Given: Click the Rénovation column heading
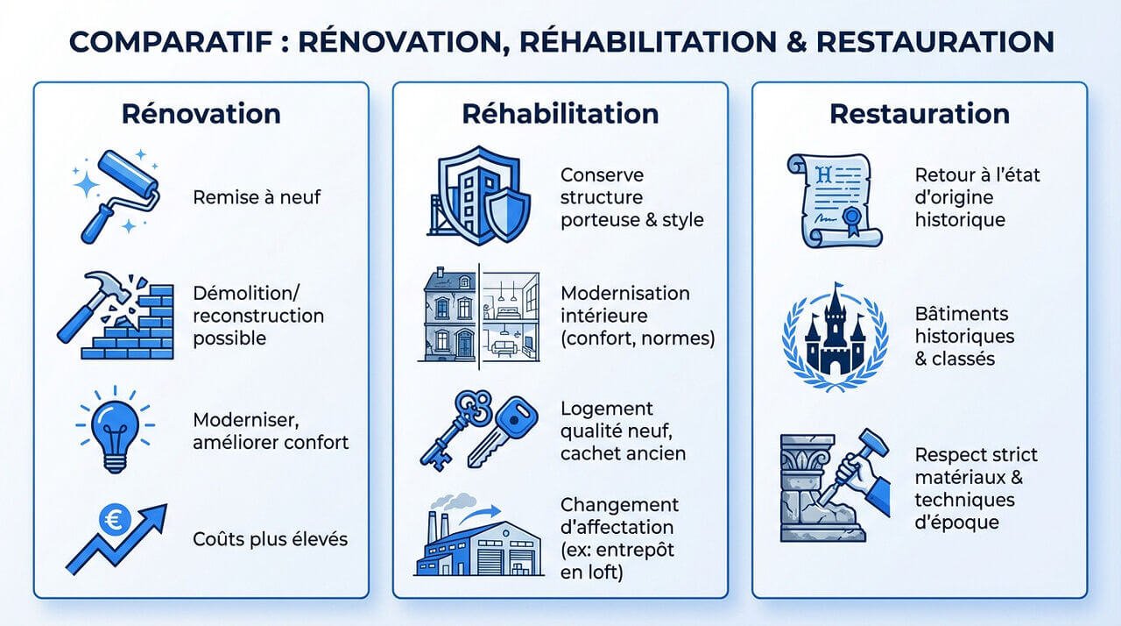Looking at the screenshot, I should coord(201,114).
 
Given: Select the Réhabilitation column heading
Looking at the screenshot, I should coord(560,114).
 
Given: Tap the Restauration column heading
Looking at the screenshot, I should coord(919,114).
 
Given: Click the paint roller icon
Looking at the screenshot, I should coord(118,195).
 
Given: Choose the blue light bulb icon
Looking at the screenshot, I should coord(116,424).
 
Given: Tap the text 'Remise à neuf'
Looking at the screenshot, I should coord(257,196).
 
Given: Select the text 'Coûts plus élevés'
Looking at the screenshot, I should coord(270,537).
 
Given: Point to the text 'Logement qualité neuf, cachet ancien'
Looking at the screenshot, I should coord(623,430).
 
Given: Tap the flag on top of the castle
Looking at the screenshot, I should coord(838,288).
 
